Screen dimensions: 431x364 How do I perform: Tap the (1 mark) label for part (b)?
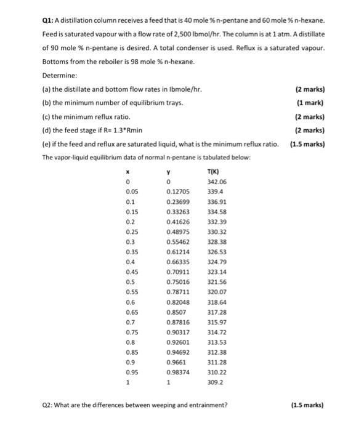click(x=311, y=103)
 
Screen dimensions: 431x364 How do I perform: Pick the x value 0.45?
click(x=131, y=272)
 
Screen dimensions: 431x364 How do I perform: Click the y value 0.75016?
click(x=177, y=281)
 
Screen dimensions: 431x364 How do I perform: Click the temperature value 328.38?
click(x=217, y=242)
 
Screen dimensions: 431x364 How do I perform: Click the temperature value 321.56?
click(x=217, y=281)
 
